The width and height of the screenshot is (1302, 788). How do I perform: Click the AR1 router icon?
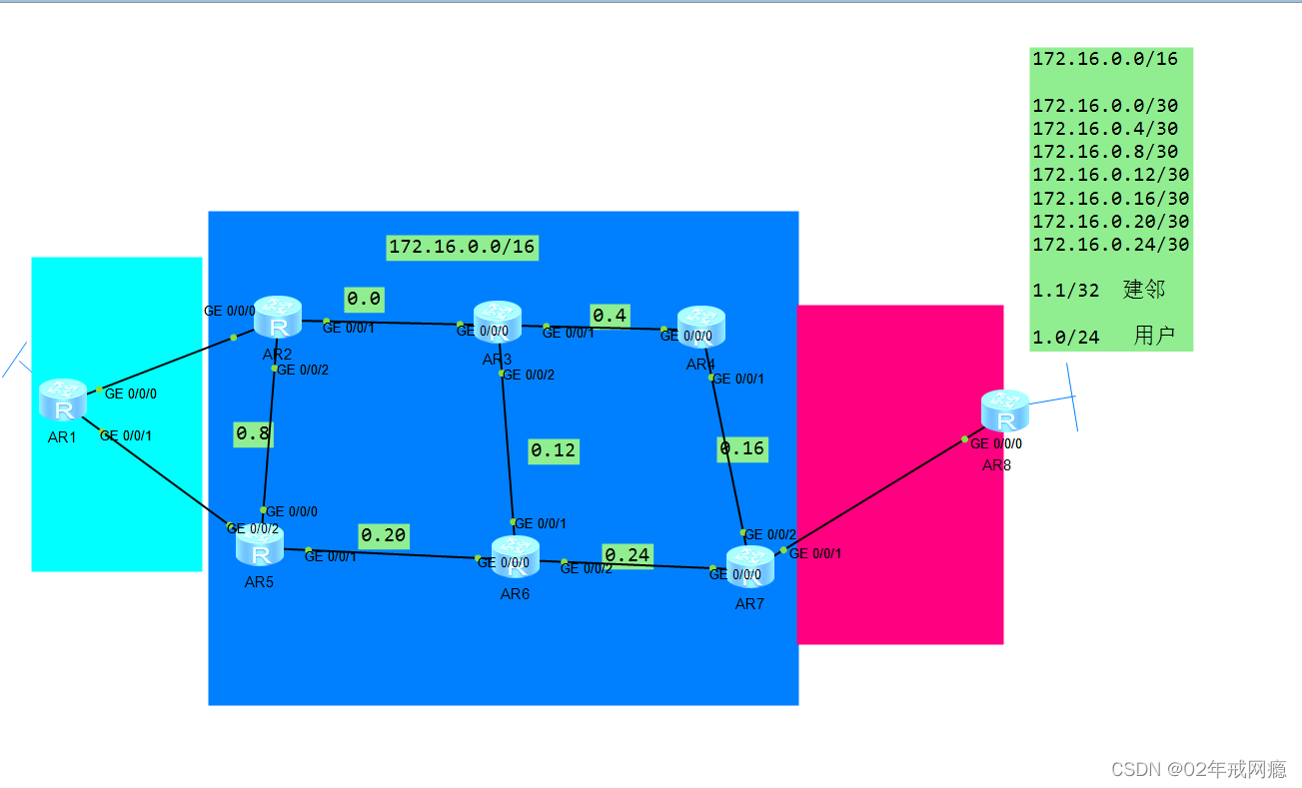click(x=64, y=399)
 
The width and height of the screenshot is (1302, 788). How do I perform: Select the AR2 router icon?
click(x=278, y=317)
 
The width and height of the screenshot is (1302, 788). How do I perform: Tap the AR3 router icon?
click(x=498, y=321)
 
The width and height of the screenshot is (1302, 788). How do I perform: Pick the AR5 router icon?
click(x=260, y=546)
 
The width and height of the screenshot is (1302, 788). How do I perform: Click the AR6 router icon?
click(x=516, y=557)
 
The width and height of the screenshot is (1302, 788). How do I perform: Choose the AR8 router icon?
click(x=1004, y=410)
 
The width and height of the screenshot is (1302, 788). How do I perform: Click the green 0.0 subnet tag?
click(x=365, y=299)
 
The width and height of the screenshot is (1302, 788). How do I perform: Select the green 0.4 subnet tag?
click(x=610, y=316)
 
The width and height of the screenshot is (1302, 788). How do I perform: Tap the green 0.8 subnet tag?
click(x=253, y=433)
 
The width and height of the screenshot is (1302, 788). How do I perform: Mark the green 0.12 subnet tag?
click(x=554, y=450)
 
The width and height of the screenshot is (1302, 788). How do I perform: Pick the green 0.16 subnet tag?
click(x=742, y=448)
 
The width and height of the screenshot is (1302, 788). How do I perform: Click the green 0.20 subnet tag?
click(x=384, y=536)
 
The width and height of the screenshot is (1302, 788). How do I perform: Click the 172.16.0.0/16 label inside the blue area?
click(x=463, y=247)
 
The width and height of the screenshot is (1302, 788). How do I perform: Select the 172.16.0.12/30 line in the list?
click(x=1110, y=175)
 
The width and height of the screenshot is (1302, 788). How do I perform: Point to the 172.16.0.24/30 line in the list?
click(x=1110, y=245)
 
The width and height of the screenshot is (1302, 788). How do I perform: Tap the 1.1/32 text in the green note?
click(x=1066, y=291)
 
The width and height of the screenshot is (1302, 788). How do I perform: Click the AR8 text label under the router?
click(x=996, y=465)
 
